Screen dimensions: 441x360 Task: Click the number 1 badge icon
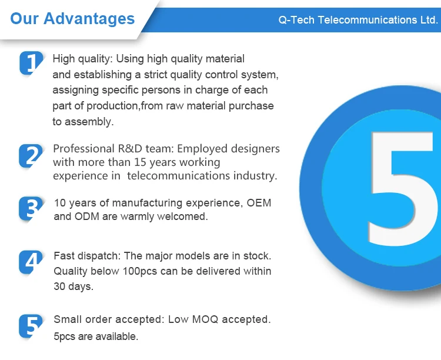pyautogui.click(x=31, y=62)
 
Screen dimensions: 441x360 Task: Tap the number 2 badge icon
pyautogui.click(x=31, y=156)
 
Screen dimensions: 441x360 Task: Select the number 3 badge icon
pyautogui.click(x=31, y=209)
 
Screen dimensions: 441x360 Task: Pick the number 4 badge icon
pyautogui.click(x=31, y=262)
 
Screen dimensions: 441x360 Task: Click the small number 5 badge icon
pyautogui.click(x=31, y=326)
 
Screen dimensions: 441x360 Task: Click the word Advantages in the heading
pyautogui.click(x=89, y=19)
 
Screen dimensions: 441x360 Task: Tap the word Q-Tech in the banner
pyautogui.click(x=296, y=20)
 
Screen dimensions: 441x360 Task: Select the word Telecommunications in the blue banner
pyautogui.click(x=367, y=20)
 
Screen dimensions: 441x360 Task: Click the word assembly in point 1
pyautogui.click(x=89, y=122)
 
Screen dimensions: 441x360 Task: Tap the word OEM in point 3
pyautogui.click(x=259, y=203)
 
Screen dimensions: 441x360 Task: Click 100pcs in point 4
pyautogui.click(x=136, y=271)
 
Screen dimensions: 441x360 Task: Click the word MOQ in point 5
pyautogui.click(x=205, y=319)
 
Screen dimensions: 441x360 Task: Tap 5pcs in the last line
pyautogui.click(x=65, y=336)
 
